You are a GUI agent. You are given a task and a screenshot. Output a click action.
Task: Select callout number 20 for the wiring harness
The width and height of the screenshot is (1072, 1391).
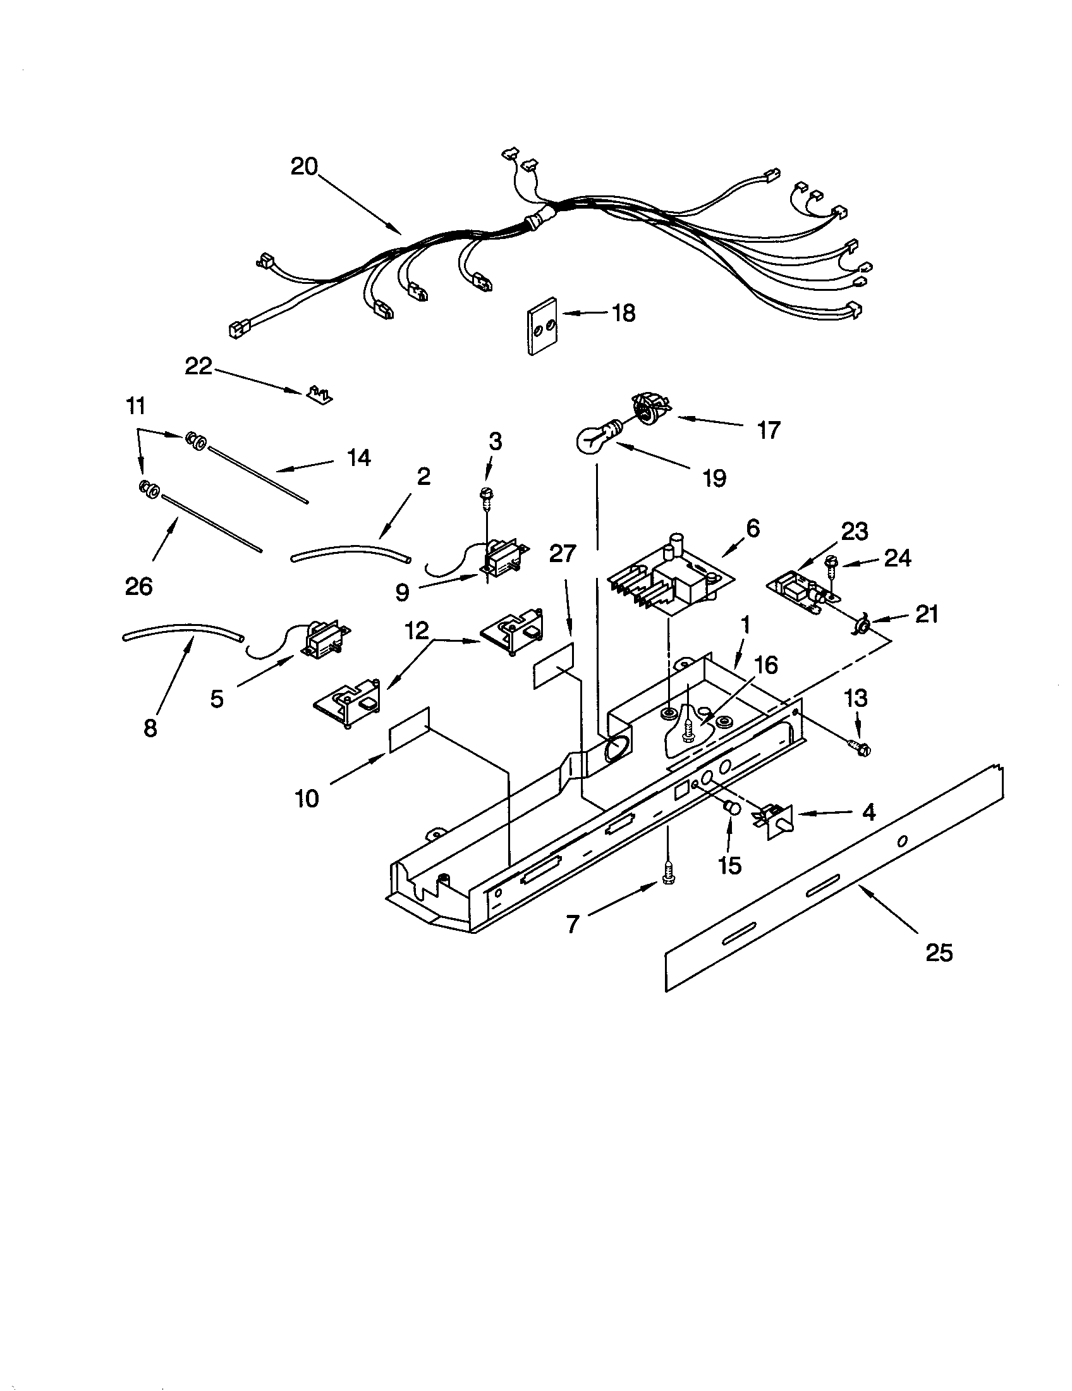303,167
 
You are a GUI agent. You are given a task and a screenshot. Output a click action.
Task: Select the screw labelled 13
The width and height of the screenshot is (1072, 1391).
858,749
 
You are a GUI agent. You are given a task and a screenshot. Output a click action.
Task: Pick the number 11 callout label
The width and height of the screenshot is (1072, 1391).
136,406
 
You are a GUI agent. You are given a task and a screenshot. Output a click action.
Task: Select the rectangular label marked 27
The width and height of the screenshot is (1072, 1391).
553,666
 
